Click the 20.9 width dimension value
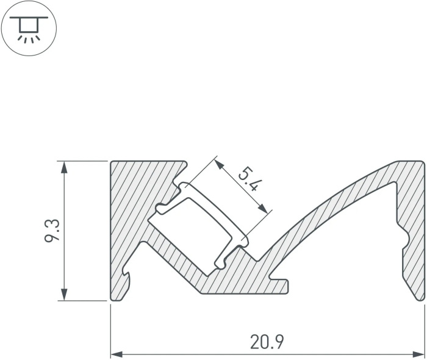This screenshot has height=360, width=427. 267,342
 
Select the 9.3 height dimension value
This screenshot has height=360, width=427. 52,231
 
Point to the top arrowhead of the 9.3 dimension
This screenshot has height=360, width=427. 64,167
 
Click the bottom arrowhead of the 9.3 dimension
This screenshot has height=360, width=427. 64,295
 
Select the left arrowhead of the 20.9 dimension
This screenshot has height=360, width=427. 117,355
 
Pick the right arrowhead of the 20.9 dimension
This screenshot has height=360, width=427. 418,355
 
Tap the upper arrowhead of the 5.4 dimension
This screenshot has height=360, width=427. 219,164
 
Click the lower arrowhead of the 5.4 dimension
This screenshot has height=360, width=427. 262,208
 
